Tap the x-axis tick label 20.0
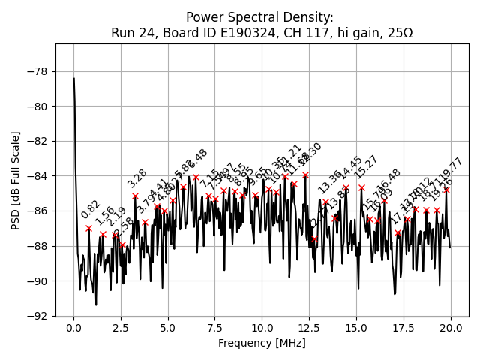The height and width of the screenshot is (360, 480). (451, 328)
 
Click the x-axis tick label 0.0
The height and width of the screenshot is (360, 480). (73, 328)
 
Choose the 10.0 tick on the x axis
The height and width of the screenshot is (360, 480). (262, 328)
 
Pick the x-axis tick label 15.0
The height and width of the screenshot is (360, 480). (356, 328)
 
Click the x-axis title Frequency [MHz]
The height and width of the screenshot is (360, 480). (262, 343)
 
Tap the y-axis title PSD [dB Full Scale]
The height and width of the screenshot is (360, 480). (16, 180)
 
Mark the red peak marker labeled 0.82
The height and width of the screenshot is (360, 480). (88, 228)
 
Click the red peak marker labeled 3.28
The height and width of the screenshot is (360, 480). (135, 196)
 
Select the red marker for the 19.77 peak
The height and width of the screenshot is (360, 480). (446, 190)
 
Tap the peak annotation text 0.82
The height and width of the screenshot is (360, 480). (91, 209)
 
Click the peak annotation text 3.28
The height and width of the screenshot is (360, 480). (137, 178)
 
